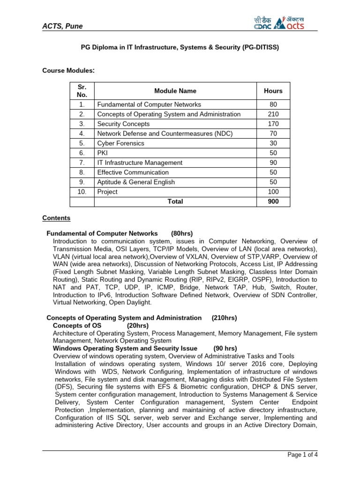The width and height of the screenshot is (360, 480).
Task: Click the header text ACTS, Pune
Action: point(62,26)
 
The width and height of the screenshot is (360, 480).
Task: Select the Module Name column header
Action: point(175,91)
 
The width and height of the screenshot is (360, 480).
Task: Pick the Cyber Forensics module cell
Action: point(120,143)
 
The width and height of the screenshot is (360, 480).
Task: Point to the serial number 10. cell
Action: point(82,192)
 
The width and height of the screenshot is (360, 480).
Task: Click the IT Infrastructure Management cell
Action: point(139,163)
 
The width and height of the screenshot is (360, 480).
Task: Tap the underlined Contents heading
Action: point(56,218)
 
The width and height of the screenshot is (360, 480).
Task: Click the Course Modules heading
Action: point(69,70)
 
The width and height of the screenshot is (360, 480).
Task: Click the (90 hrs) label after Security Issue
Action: point(225,348)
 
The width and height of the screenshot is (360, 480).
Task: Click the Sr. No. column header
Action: point(82,91)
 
